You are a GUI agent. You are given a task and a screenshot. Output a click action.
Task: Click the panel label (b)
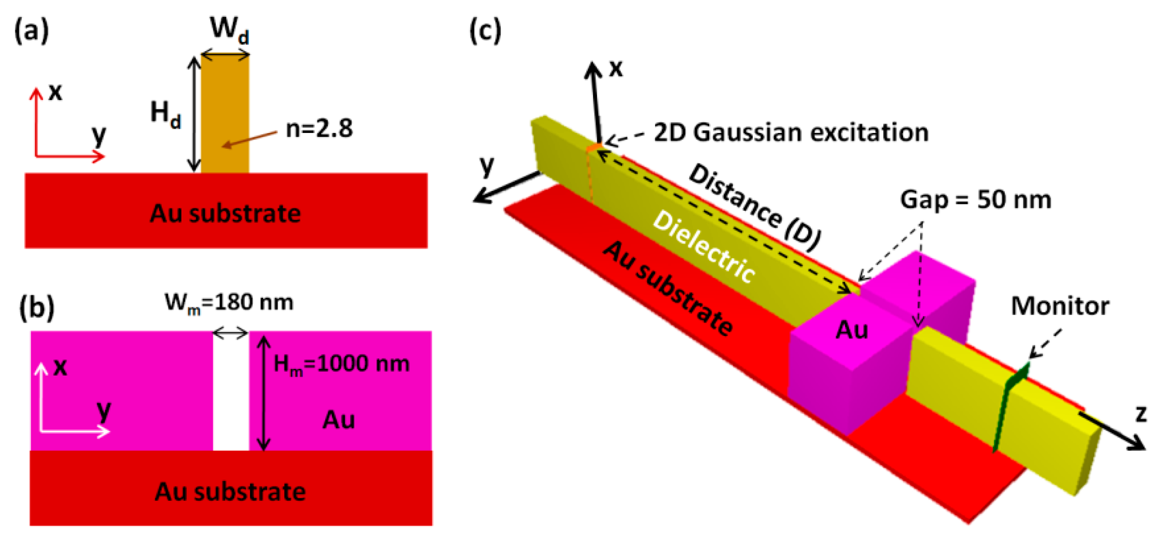37,308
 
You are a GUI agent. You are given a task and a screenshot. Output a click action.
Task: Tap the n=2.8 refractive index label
319,129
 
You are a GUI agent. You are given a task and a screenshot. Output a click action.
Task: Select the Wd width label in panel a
229,30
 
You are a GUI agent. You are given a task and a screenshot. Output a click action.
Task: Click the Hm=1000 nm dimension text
342,364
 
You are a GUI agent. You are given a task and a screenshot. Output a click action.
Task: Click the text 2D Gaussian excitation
791,132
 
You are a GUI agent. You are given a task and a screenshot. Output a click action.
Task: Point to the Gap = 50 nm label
975,199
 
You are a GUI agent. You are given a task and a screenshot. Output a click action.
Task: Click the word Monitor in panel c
1060,306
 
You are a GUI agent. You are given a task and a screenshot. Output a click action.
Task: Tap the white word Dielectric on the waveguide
704,247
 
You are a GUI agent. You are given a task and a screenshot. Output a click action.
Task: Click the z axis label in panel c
1141,413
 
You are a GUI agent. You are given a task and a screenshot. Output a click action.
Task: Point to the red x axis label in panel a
55,91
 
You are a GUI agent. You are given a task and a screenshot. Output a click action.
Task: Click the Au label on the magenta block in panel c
852,330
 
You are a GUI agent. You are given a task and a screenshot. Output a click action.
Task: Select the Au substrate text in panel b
230,492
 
